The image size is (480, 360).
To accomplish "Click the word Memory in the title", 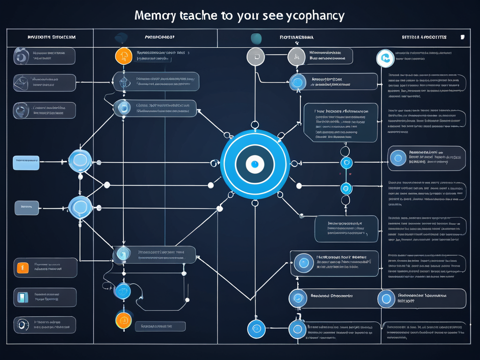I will pyautogui.click(x=155, y=15).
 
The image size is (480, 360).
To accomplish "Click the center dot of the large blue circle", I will pyautogui.click(x=255, y=164).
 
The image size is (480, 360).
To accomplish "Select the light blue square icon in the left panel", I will pyautogui.click(x=22, y=297).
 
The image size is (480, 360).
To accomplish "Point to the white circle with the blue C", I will pyautogui.click(x=385, y=58).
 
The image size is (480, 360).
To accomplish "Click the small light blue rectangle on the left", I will pyautogui.click(x=26, y=163).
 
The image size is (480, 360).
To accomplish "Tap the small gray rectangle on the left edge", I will pyautogui.click(x=26, y=207).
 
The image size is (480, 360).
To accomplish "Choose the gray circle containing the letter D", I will pyautogui.click(x=255, y=56).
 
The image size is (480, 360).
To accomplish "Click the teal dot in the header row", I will pyautogui.click(x=256, y=38).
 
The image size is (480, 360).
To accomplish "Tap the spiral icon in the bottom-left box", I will pyautogui.click(x=22, y=324).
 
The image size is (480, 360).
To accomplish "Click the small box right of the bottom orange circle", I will pyautogui.click(x=160, y=326).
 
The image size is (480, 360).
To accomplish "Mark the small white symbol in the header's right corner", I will pyautogui.click(x=463, y=37).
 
